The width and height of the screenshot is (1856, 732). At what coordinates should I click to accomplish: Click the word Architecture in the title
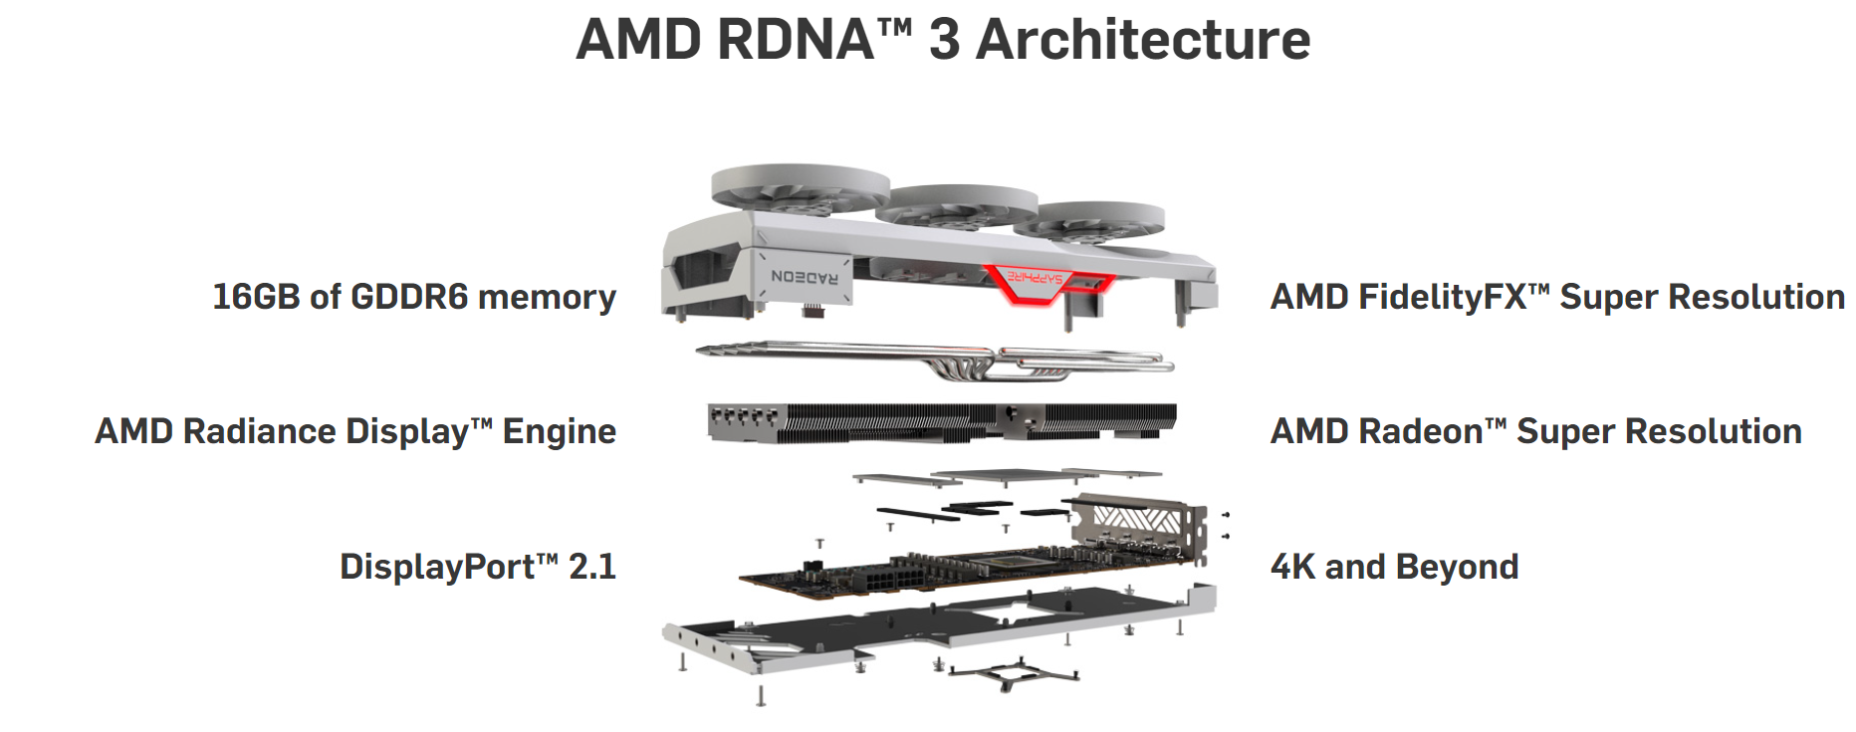[1143, 40]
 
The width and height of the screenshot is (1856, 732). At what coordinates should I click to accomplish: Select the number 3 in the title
[944, 40]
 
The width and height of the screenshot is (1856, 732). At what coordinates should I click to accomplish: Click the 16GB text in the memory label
[256, 297]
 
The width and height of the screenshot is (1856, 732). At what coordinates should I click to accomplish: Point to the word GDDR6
[408, 297]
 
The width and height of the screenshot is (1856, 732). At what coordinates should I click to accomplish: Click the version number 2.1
[592, 567]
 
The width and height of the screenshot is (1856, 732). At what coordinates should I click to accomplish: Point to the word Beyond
[1457, 568]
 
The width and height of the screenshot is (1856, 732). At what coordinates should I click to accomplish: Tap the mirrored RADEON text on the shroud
[805, 277]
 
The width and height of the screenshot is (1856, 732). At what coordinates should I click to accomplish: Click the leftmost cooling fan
[800, 189]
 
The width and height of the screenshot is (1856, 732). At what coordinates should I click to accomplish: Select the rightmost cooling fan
[1089, 220]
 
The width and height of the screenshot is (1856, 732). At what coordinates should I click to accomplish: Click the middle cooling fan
[957, 205]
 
